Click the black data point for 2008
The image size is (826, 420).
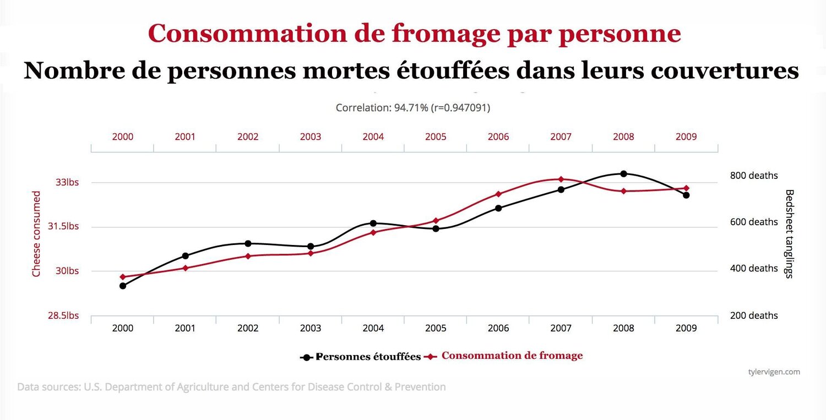coord(623,174)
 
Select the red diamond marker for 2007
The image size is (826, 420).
coord(561,179)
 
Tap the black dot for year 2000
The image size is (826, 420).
coord(123,286)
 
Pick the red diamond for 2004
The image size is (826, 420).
coord(373,232)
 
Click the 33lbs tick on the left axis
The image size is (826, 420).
coord(68,182)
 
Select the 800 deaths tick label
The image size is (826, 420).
coord(754,176)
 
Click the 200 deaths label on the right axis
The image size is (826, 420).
coord(754,315)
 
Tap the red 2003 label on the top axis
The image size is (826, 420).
coord(311,137)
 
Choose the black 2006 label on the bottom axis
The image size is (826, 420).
coord(498,328)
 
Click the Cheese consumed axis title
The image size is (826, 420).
coord(36,234)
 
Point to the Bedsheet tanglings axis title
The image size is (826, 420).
coord(789,234)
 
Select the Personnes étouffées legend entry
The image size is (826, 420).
coord(368,357)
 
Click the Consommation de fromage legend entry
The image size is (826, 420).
coord(512,356)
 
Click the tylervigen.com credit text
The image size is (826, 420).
coord(774,372)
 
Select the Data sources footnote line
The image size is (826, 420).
coord(231,387)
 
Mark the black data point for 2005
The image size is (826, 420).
coord(436,228)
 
